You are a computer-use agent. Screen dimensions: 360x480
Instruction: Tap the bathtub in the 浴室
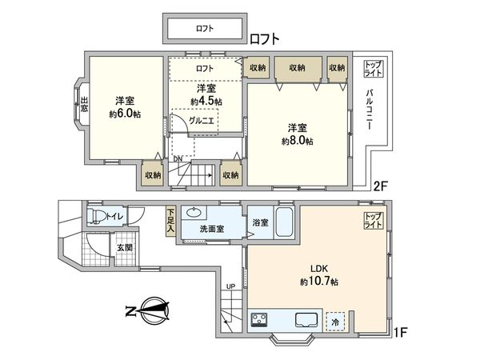tap(284, 222)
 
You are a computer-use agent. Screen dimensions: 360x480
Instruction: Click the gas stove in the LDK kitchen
tap(261, 321)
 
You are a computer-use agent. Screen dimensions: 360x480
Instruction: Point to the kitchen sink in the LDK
tap(309, 321)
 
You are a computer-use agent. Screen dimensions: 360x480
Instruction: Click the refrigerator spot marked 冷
tap(336, 321)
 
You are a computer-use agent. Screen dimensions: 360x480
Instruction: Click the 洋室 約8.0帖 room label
tap(297, 134)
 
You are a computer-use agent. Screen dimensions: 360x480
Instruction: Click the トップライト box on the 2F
tap(373, 68)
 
